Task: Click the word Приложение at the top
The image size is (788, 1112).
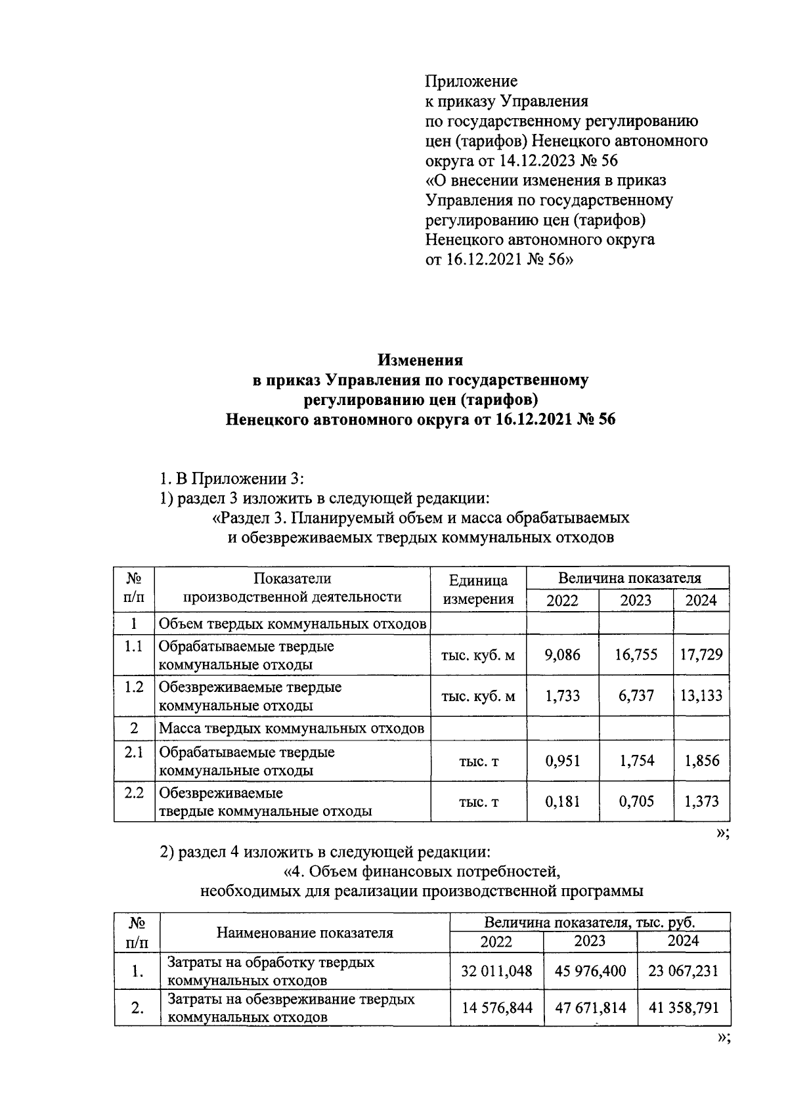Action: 471,81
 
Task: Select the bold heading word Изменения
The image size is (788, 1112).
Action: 420,360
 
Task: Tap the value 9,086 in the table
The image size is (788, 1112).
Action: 563,654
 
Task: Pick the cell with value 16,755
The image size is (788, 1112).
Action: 636,654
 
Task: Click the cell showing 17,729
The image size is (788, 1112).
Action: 701,654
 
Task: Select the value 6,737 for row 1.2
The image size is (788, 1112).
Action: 636,695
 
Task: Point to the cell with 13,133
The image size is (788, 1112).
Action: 701,695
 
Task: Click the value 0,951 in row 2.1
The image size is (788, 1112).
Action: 563,761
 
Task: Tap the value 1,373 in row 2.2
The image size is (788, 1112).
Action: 701,801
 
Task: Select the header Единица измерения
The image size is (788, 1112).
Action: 478,589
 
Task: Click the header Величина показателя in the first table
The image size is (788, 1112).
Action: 629,578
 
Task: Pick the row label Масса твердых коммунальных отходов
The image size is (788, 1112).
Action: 292,728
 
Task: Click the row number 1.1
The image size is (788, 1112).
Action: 134,647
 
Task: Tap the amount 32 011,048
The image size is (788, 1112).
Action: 496,971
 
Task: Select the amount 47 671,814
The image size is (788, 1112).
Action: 590,1008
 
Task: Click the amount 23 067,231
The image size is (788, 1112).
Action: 684,971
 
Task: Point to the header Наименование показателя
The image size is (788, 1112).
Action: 305,933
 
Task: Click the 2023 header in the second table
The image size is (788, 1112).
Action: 590,941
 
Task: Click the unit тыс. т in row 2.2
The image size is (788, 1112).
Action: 478,802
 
